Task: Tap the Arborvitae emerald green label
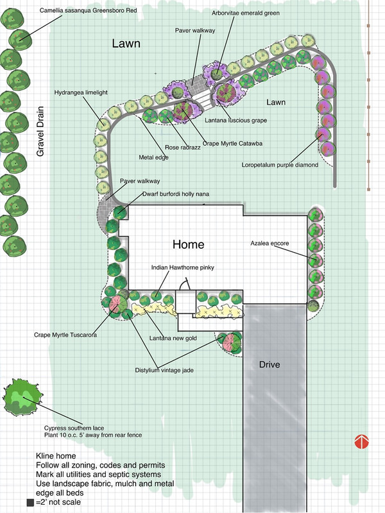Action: [246, 12]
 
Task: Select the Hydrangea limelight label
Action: [81, 92]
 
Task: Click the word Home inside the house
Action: [188, 244]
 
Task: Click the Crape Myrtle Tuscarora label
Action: [65, 334]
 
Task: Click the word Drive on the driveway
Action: [274, 365]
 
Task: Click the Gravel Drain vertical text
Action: [40, 131]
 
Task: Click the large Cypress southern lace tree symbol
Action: [24, 399]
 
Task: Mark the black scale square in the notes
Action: [30, 503]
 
